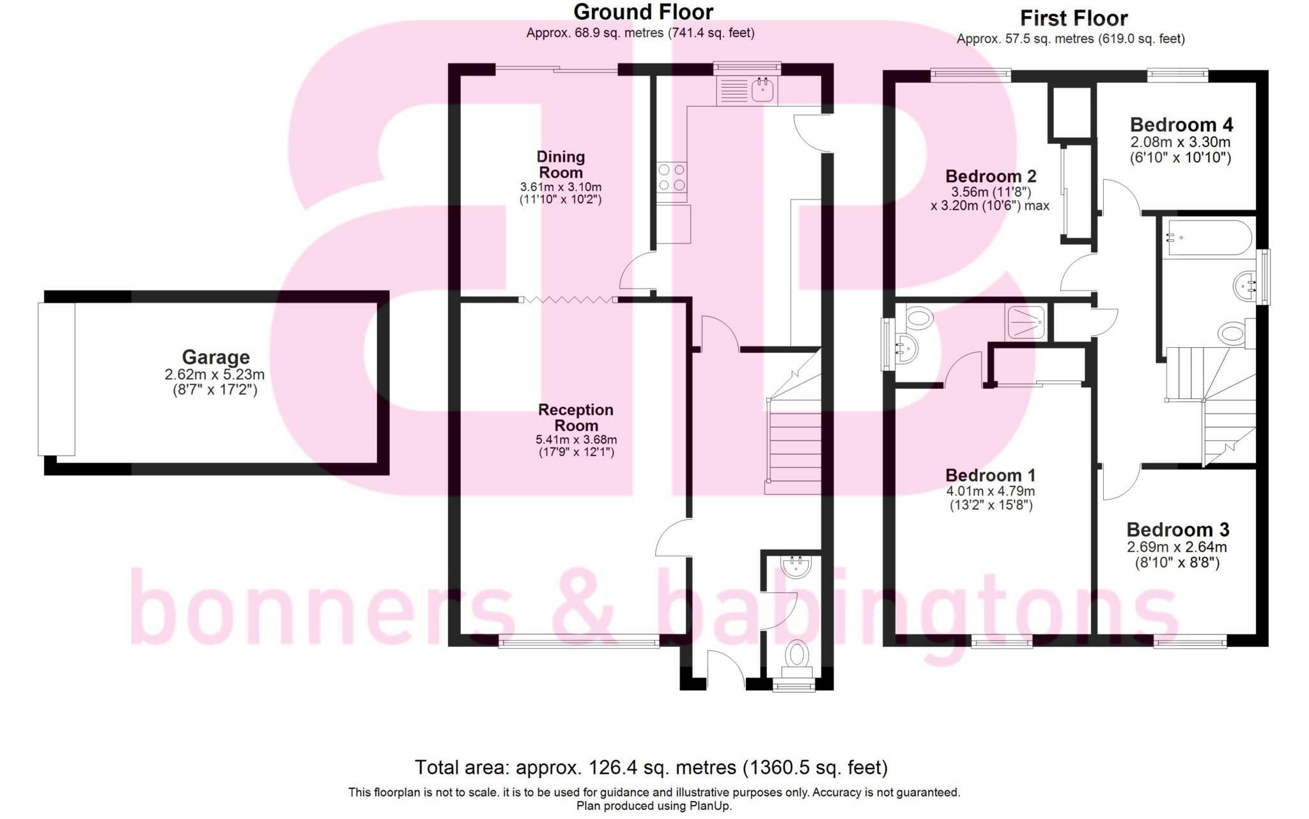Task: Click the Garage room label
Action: [215, 357]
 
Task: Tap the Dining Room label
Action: [561, 164]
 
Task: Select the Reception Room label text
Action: [576, 417]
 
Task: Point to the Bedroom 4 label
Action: [1181, 125]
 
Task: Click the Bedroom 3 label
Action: [1177, 529]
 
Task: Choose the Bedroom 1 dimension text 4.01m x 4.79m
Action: [990, 492]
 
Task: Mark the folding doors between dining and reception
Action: [568, 299]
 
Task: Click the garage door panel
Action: [56, 379]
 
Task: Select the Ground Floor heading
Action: [643, 12]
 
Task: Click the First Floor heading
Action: [1074, 18]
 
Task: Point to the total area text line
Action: [651, 767]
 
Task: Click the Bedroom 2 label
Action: [991, 176]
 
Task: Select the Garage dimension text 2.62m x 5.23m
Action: [215, 375]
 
